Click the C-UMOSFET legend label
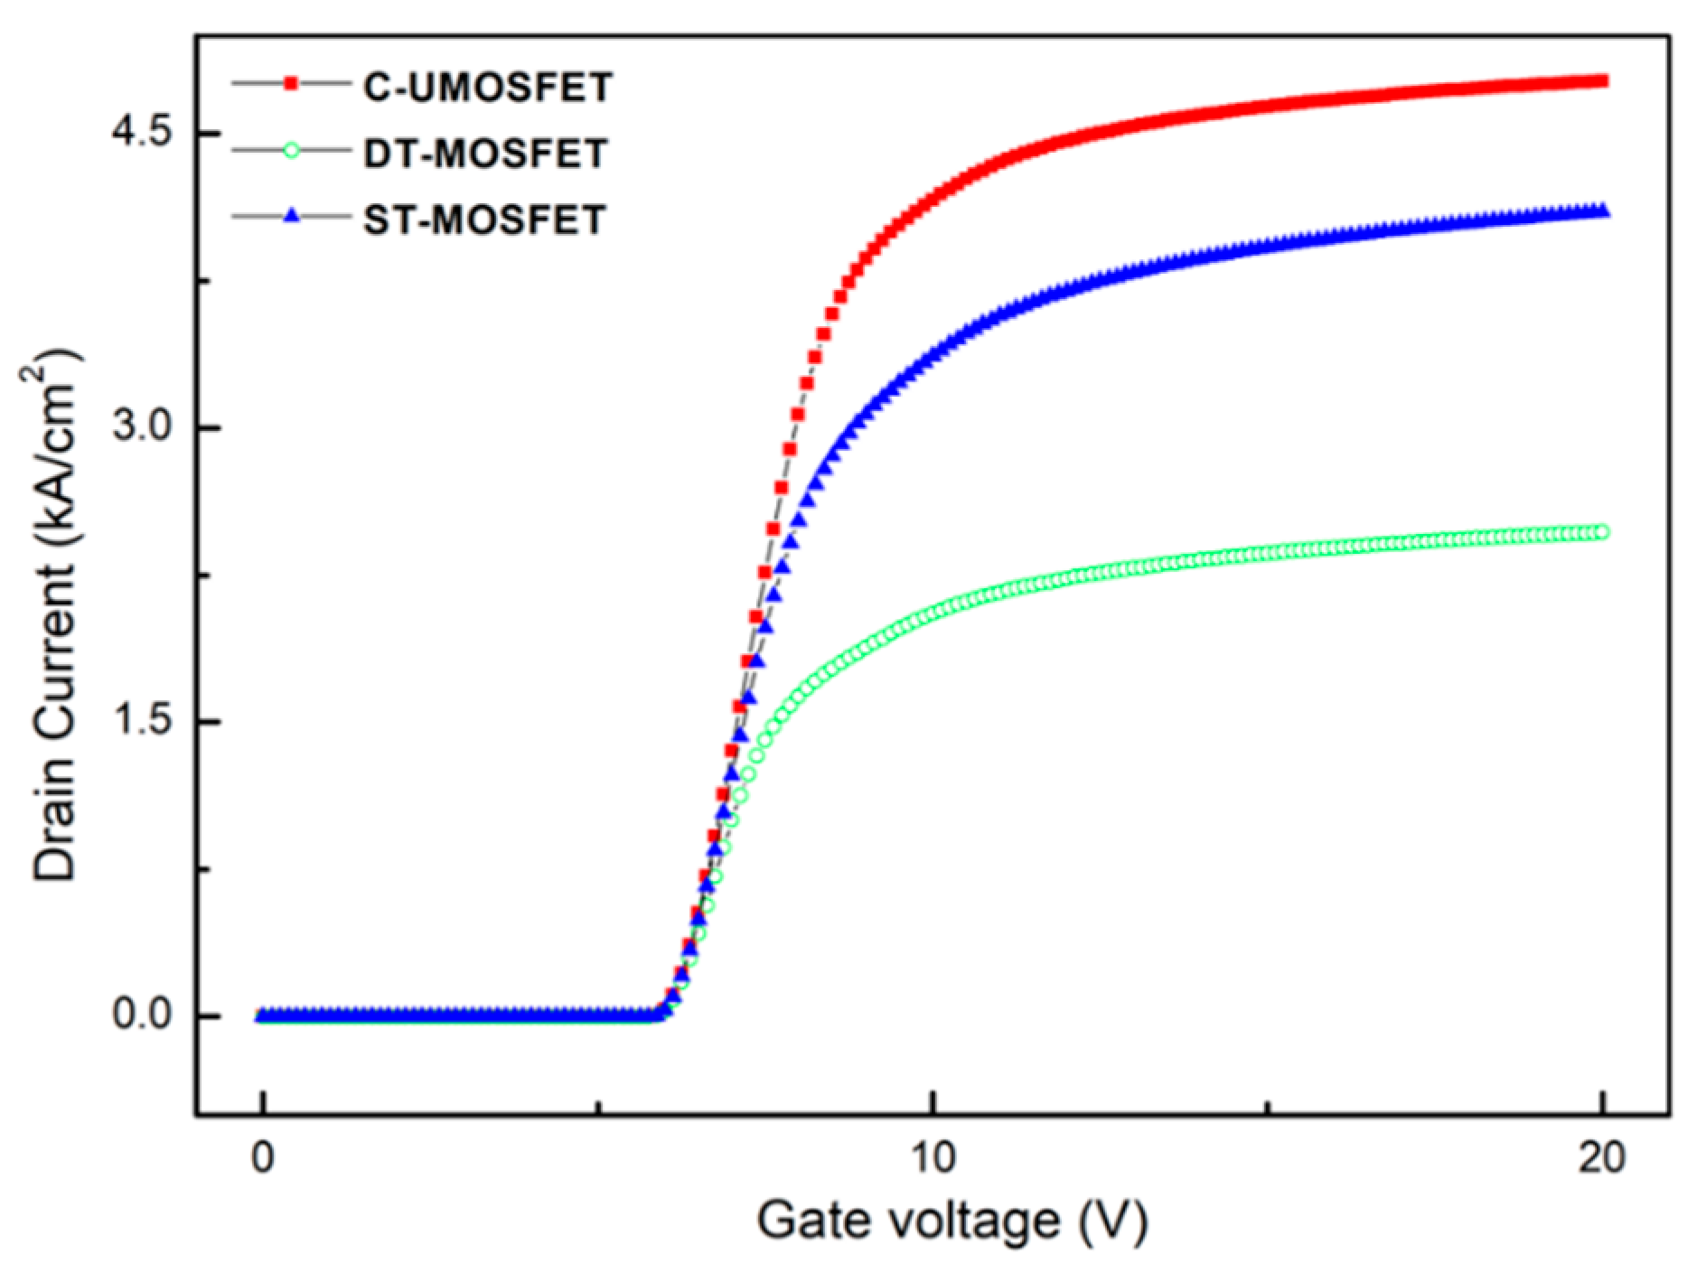487,87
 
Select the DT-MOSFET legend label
484,154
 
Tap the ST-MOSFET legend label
484,220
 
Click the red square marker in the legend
291,84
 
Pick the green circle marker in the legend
291,151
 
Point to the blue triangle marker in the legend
291,217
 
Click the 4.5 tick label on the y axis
142,132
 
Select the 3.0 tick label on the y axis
142,426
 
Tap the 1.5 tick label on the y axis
142,721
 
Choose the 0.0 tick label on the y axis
142,1015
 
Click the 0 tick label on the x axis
263,1157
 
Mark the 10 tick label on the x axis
933,1157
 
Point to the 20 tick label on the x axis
1602,1157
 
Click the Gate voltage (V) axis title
952,1221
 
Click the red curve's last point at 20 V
1602,81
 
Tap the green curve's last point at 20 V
1602,532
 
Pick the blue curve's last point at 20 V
1602,211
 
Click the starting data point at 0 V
263,1016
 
